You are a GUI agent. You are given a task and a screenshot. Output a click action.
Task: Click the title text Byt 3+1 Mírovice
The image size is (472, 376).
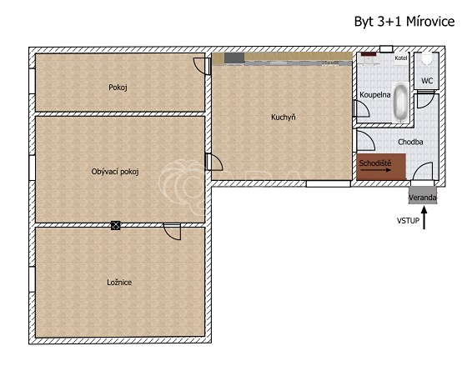[x=404, y=22]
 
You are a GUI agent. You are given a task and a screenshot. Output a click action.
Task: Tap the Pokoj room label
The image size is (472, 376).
[x=118, y=88]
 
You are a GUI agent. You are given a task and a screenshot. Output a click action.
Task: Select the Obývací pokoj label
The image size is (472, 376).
[x=115, y=172]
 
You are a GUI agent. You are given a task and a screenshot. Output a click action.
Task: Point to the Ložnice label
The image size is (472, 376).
[x=119, y=283]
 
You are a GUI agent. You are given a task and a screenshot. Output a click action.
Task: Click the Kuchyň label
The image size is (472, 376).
[x=284, y=117]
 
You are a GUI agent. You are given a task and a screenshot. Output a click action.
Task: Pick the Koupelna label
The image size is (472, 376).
[x=375, y=95]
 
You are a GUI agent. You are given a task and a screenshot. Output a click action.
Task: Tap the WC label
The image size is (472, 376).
[x=427, y=81]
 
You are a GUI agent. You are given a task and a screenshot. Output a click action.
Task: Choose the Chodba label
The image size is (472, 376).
[x=410, y=142]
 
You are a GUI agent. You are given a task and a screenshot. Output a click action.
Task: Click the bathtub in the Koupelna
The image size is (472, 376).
[x=400, y=103]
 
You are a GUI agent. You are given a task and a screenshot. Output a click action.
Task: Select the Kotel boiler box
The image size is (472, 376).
[x=401, y=58]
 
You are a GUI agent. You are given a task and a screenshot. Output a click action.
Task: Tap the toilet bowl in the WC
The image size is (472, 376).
[x=426, y=58]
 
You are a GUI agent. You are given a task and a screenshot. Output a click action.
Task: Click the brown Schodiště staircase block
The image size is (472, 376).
[x=381, y=167]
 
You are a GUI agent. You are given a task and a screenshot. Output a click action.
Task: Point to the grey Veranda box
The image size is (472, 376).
[x=423, y=195]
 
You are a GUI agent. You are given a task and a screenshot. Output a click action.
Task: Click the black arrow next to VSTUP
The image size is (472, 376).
[x=424, y=218]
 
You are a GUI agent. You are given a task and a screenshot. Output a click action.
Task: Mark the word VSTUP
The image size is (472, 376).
[x=408, y=221]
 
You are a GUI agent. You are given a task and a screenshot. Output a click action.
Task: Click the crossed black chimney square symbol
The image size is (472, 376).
[x=116, y=225]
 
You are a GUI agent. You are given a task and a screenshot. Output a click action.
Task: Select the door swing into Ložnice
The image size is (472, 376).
[x=173, y=232]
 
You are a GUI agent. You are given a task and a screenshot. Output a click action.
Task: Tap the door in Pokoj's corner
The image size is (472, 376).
[x=202, y=66]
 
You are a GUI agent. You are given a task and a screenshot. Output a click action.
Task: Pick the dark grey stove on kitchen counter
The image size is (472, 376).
[x=234, y=58]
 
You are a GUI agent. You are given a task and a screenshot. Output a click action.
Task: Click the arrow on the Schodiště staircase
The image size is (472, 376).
[x=376, y=170]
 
